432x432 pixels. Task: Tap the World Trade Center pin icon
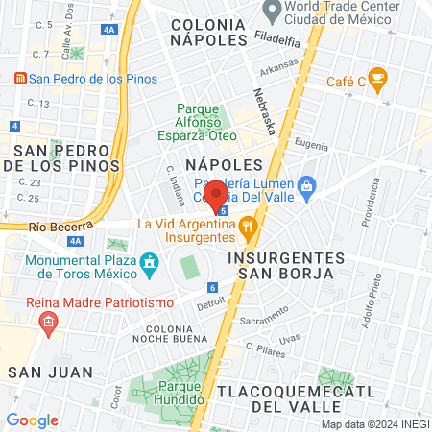click(273, 11)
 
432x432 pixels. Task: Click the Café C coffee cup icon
click(377, 77)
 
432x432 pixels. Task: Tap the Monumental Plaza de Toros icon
click(149, 261)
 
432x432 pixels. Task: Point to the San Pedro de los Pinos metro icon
click(17, 79)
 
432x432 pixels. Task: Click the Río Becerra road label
click(51, 228)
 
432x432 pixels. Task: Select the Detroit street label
click(210, 302)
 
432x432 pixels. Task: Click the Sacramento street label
click(264, 319)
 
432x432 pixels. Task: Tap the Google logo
click(33, 420)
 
